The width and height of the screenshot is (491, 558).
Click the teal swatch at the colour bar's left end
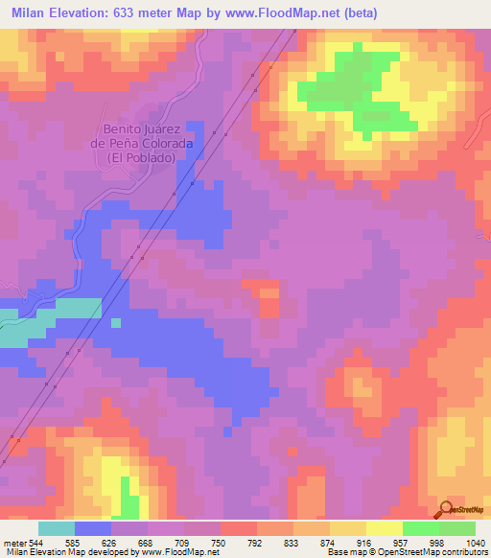[x=57, y=528]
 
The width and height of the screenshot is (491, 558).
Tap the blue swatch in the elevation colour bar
[x=93, y=528]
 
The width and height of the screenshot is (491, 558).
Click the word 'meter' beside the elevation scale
[x=14, y=542]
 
